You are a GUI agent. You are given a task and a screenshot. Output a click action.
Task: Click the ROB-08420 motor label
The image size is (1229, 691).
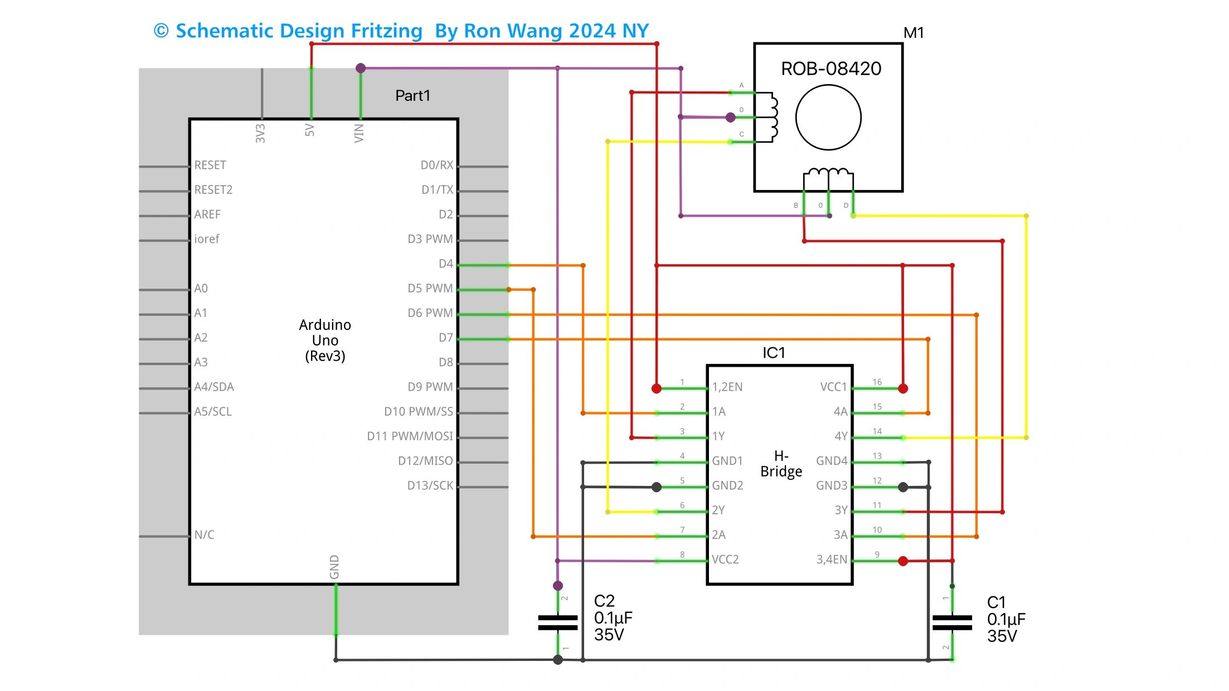pyautogui.click(x=830, y=69)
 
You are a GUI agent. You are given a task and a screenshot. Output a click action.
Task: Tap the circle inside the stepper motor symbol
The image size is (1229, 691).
pyautogui.click(x=828, y=118)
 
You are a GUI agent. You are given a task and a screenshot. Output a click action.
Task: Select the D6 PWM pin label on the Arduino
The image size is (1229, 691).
pyautogui.click(x=430, y=313)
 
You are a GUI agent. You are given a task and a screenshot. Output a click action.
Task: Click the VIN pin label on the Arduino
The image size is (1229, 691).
pyautogui.click(x=359, y=133)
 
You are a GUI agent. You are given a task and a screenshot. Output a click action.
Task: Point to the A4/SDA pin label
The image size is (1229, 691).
pyautogui.click(x=214, y=387)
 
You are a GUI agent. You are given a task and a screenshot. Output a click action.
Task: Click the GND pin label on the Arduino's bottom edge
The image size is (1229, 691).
pyautogui.click(x=334, y=567)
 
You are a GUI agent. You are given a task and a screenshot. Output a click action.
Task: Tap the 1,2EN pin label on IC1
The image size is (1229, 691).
pyautogui.click(x=727, y=387)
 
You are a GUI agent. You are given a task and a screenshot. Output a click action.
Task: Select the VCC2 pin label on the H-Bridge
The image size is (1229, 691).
pyautogui.click(x=725, y=559)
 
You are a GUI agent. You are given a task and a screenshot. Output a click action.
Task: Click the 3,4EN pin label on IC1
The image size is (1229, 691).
pyautogui.click(x=832, y=559)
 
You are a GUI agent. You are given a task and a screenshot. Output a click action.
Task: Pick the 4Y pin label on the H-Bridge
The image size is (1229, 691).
pyautogui.click(x=841, y=436)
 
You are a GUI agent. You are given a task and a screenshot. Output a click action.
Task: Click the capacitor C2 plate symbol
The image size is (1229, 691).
pyautogui.click(x=558, y=622)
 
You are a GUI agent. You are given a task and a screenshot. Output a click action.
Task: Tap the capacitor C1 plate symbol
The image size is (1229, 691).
pyautogui.click(x=952, y=622)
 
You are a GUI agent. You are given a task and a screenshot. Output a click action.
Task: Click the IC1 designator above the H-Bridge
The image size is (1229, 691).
pyautogui.click(x=774, y=353)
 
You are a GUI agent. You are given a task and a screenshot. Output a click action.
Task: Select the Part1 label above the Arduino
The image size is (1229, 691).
pyautogui.click(x=412, y=96)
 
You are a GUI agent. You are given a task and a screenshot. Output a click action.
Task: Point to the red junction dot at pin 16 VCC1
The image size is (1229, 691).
pyautogui.click(x=903, y=388)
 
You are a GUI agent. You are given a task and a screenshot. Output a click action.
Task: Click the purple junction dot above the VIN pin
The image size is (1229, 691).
pyautogui.click(x=361, y=68)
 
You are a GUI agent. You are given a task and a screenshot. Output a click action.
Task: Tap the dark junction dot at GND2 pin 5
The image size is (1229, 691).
pyautogui.click(x=657, y=487)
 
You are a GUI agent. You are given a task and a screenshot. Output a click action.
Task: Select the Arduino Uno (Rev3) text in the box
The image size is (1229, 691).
pyautogui.click(x=325, y=340)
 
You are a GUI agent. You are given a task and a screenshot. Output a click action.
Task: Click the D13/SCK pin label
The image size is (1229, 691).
pyautogui.click(x=430, y=485)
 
